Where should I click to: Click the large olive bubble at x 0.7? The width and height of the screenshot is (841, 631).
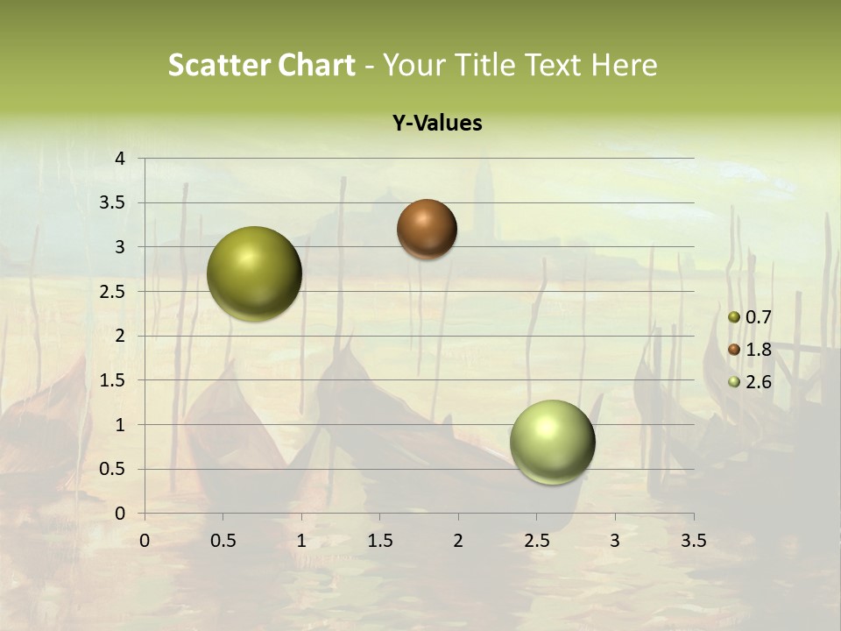(x=255, y=273)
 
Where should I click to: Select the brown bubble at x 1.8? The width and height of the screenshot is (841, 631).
(x=427, y=229)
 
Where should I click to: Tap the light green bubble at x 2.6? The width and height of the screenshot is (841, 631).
(x=552, y=442)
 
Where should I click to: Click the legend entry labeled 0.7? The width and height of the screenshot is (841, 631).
(x=758, y=317)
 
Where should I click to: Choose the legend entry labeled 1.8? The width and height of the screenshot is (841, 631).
(x=758, y=350)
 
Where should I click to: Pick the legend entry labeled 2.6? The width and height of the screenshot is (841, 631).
(x=758, y=381)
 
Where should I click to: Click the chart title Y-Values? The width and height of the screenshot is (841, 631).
(x=437, y=124)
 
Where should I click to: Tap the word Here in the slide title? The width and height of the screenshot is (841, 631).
(x=625, y=65)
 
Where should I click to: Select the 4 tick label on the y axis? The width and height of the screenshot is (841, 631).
(x=121, y=159)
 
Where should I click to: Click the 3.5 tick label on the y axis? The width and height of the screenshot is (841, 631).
(x=115, y=203)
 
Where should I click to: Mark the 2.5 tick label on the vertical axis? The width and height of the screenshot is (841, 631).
(x=115, y=292)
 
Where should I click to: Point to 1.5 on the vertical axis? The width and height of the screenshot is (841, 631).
(x=115, y=380)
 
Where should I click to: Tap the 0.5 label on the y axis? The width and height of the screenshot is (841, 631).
(x=115, y=469)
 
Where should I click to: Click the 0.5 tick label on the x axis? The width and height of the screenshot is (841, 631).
(x=223, y=541)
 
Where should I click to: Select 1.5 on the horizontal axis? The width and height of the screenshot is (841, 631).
(x=380, y=541)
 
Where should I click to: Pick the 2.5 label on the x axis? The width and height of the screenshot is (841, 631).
(x=537, y=541)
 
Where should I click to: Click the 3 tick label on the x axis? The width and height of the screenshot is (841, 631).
(x=615, y=541)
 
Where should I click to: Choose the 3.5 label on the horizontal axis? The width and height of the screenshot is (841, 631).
(x=693, y=541)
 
